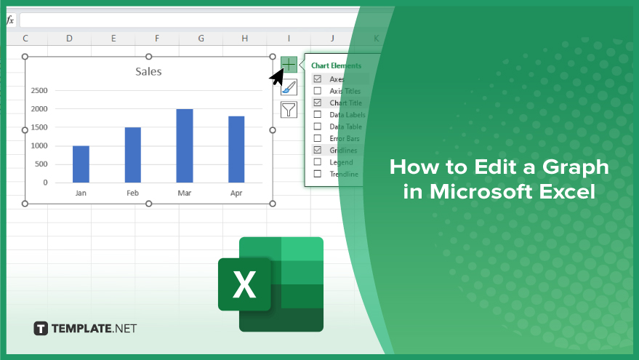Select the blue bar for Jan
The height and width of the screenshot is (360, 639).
click(81, 164)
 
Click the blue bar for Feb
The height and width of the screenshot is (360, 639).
click(133, 155)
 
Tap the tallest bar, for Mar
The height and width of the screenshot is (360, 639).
click(185, 145)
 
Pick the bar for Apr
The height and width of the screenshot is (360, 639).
click(236, 149)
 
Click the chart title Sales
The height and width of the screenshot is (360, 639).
click(148, 72)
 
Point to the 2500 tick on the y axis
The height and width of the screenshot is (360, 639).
click(39, 90)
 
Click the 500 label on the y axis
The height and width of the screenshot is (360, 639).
click(41, 164)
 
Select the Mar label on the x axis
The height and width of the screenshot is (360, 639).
click(184, 193)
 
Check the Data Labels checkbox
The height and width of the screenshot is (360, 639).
click(318, 115)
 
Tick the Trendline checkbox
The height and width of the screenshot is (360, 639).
click(318, 174)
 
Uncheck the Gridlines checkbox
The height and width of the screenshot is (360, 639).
click(318, 150)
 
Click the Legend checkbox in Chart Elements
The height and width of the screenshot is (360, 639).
click(318, 162)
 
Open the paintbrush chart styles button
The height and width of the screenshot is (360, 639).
click(289, 87)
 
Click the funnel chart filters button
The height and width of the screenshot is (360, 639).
click(289, 110)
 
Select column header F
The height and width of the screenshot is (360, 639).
click(157, 39)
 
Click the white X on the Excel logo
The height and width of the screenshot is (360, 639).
click(244, 284)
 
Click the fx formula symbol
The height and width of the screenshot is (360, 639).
click(10, 20)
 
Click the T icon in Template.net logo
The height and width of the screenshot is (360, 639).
click(41, 329)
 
